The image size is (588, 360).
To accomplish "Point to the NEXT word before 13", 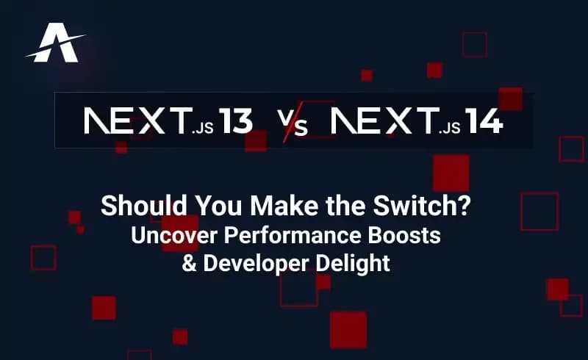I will [x=135, y=122].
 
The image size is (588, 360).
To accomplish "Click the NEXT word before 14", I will [x=382, y=122].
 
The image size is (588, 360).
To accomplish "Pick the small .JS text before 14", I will [x=449, y=129].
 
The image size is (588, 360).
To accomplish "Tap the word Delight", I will [x=354, y=263].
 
